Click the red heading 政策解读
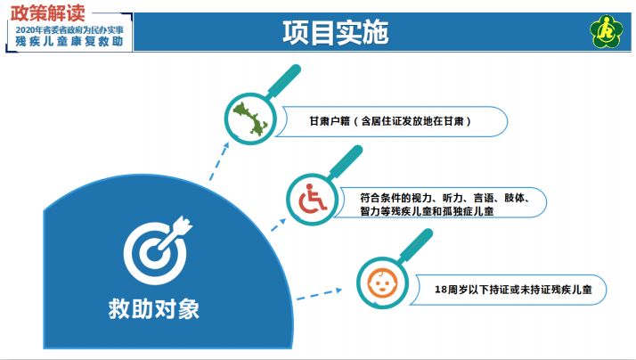[48, 13]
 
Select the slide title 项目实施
[336, 32]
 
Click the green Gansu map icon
[250, 119]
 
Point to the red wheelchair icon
[313, 199]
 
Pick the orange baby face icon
[382, 282]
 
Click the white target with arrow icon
[158, 250]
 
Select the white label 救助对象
[154, 309]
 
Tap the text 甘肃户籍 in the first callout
[330, 121]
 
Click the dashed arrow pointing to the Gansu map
[218, 161]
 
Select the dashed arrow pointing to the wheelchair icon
[278, 225]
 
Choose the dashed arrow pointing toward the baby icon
[319, 294]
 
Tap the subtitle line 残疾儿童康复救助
[69, 41]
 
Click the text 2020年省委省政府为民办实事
[69, 30]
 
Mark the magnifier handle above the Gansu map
[284, 81]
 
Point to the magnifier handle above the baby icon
[416, 245]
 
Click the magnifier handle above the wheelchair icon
[346, 162]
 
